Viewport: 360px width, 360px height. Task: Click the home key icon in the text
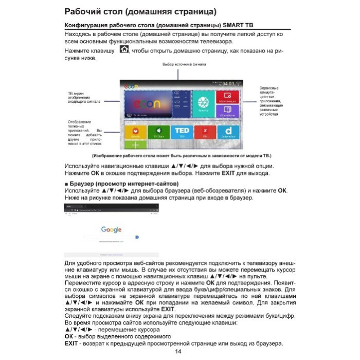[x=124, y=50]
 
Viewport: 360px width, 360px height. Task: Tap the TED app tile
[x=182, y=132]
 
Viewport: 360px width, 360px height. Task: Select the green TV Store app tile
[x=159, y=132]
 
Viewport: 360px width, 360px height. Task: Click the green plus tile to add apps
[x=135, y=146]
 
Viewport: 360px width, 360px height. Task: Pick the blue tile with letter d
[x=228, y=132]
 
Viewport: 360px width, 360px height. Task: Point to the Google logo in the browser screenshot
[x=111, y=230]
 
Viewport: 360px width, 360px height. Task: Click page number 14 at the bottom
[x=178, y=351]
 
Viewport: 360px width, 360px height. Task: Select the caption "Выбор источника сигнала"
[x=184, y=65]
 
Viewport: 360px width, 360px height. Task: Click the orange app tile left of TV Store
[x=135, y=132]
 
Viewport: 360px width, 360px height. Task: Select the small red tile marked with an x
[x=205, y=132]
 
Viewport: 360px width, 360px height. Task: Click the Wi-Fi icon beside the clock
[x=239, y=84]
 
